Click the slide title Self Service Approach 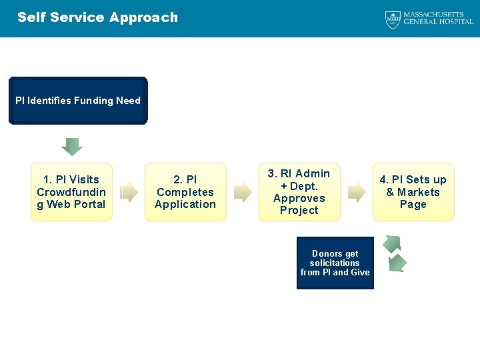click(97, 17)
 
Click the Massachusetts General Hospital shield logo click(393, 19)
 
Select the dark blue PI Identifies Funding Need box click(78, 101)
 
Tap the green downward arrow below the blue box click(72, 146)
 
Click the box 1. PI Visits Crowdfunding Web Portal click(71, 192)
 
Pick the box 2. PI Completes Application click(185, 192)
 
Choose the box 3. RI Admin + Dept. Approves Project click(299, 192)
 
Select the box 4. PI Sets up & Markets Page click(413, 192)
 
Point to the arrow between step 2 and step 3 click(243, 192)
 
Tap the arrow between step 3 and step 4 click(357, 192)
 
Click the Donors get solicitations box click(335, 263)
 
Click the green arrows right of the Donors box click(394, 253)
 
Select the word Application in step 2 click(185, 205)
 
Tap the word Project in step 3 click(299, 211)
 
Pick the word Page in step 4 click(413, 205)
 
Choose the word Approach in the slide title click(145, 17)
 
